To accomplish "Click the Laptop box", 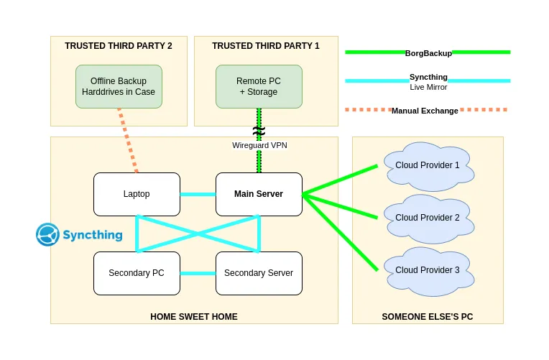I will [x=137, y=194].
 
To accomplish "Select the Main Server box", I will [x=259, y=194].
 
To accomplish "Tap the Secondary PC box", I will [x=137, y=273].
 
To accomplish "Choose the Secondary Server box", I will [x=259, y=273].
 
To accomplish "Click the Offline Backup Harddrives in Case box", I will [x=119, y=86].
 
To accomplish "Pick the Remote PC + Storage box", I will [x=259, y=86].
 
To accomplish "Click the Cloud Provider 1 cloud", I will [x=428, y=166].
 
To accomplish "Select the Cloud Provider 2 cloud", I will [x=428, y=218].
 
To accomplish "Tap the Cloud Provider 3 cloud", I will [x=428, y=271].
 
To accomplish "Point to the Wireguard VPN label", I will [x=259, y=145].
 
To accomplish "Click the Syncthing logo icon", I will [x=48, y=234].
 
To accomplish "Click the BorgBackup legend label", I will [x=428, y=52].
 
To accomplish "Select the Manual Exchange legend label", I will [x=425, y=111].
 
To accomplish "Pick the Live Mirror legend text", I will [x=428, y=88].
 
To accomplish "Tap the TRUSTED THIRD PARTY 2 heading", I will [x=119, y=46].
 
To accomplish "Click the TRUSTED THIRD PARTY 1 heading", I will [x=266, y=46].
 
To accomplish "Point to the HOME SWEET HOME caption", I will [x=194, y=316].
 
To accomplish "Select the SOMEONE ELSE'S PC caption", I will [x=428, y=316].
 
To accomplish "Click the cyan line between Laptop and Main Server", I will [x=198, y=194].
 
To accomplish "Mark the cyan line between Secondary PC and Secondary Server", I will [x=198, y=273].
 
